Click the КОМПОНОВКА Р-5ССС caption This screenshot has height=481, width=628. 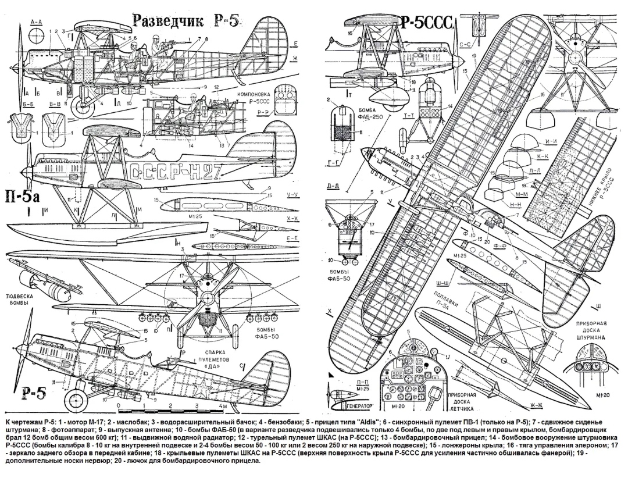click(x=253, y=96)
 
